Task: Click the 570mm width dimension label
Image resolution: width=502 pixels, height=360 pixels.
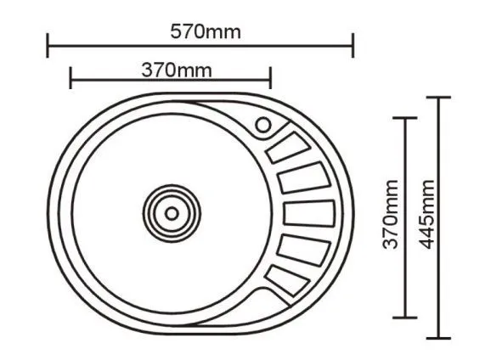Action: click(206, 32)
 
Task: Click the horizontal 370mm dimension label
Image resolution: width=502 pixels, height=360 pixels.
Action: click(177, 70)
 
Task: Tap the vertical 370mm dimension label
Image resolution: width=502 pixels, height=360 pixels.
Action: click(390, 215)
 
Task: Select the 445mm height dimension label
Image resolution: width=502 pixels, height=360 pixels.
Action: click(426, 215)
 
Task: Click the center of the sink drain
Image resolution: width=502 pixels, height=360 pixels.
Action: click(172, 213)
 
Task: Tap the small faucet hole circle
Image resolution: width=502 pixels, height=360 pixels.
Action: click(263, 125)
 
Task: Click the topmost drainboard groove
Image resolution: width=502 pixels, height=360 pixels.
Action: click(288, 148)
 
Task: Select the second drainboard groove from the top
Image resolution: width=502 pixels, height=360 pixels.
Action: click(304, 177)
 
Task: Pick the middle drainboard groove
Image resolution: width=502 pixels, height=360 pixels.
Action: click(309, 213)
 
